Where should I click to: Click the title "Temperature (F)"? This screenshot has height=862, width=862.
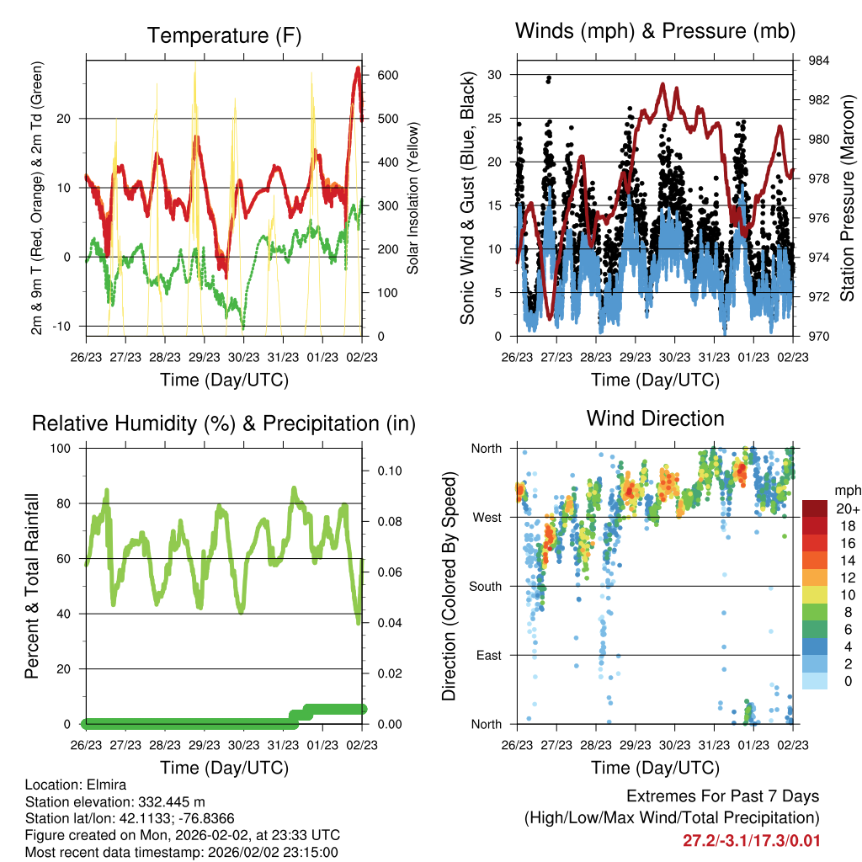224,35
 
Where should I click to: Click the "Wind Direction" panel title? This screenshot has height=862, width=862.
655,418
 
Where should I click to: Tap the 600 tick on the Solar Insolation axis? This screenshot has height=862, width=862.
387,75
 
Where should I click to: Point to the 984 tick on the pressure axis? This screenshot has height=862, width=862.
818,61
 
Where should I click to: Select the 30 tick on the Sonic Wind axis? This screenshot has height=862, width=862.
494,75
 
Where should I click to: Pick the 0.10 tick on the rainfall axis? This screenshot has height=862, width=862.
389,471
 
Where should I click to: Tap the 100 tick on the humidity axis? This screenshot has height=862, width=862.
61,449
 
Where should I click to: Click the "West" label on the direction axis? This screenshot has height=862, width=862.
487,518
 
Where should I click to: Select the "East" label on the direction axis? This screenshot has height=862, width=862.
489,655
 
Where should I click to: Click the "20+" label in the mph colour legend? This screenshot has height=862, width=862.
848,509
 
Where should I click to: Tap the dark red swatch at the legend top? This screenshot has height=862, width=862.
815,509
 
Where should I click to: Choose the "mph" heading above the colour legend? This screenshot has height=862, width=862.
847,491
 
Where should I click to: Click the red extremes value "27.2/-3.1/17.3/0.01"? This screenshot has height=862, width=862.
752,841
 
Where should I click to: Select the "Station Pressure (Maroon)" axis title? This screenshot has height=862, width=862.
847,198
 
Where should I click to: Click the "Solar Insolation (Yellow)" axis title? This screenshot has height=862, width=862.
412,198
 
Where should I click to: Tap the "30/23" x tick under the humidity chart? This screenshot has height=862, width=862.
243,745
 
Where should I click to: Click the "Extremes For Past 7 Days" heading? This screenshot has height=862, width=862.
723,796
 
